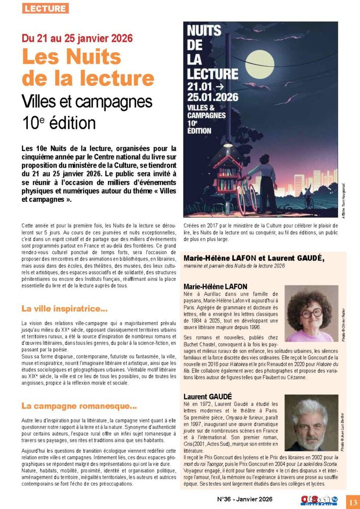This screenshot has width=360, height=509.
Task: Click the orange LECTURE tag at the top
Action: click(45, 8)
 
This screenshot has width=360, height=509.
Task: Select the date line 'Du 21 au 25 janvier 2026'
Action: click(77, 38)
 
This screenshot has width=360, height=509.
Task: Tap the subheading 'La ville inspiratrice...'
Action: click(65, 309)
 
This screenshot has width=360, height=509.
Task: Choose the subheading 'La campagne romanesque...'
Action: click(79, 407)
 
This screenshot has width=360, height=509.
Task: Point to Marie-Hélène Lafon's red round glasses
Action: click(310, 314)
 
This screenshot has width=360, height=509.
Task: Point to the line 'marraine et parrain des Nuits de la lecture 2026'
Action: click(234, 266)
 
